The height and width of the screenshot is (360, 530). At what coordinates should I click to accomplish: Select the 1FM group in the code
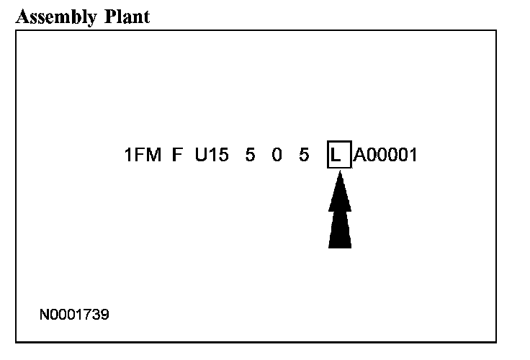coord(143,156)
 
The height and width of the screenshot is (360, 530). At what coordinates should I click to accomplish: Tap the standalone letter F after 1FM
coord(176,156)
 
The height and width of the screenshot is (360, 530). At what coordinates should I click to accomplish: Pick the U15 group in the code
coord(212,156)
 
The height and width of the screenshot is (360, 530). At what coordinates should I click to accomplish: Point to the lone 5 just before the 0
coord(250,156)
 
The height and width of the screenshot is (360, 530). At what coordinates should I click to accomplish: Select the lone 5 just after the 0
coord(304,156)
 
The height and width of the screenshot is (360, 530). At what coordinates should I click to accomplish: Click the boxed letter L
coord(336,156)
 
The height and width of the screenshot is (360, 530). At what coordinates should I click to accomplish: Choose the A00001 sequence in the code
coord(385,156)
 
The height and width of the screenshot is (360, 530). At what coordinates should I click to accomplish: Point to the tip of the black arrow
coord(340,174)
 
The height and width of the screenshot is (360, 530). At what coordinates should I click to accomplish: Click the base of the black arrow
coord(340,245)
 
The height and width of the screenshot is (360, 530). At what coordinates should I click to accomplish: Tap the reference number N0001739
coord(75,315)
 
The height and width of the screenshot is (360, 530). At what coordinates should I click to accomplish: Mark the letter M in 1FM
coord(153,156)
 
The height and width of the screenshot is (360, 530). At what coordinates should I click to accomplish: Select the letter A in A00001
coord(359,156)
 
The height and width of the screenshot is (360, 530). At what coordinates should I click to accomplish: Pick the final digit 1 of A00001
coord(413,156)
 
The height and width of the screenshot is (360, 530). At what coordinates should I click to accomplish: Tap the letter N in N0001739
coord(45,315)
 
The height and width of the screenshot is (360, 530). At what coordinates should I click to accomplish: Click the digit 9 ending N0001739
coord(105,315)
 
